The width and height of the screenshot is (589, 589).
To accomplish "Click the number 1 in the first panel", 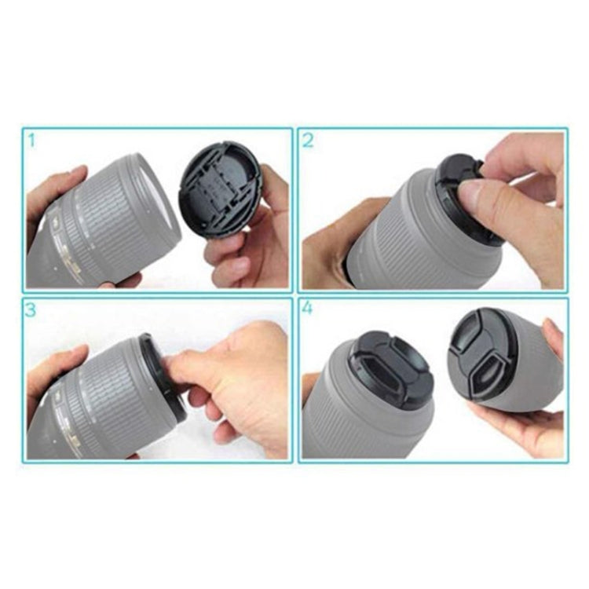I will coord(31,141).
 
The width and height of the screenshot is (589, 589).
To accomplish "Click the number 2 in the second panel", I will coord(308,141).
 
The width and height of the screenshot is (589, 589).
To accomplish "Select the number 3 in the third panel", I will coord(31,309).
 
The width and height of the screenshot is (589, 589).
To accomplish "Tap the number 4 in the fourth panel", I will coord(308,309).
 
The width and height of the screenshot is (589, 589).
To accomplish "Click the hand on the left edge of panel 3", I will coord(47,377).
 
